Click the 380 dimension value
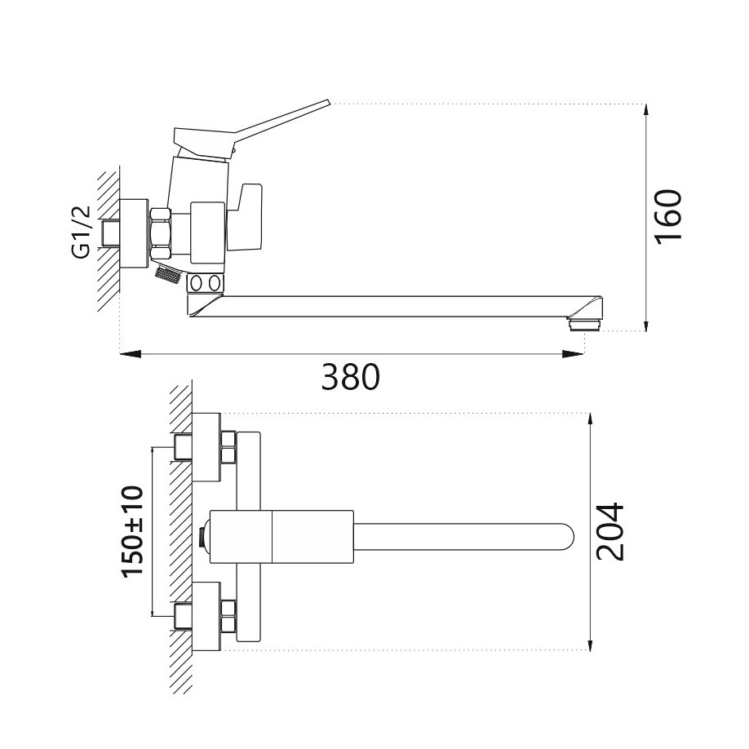(x=350, y=377)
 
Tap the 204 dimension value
(x=610, y=531)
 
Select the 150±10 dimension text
(x=132, y=532)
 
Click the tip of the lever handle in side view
(x=326, y=104)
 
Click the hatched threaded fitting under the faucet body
(x=166, y=275)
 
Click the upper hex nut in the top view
(x=228, y=447)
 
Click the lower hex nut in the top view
(x=228, y=617)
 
